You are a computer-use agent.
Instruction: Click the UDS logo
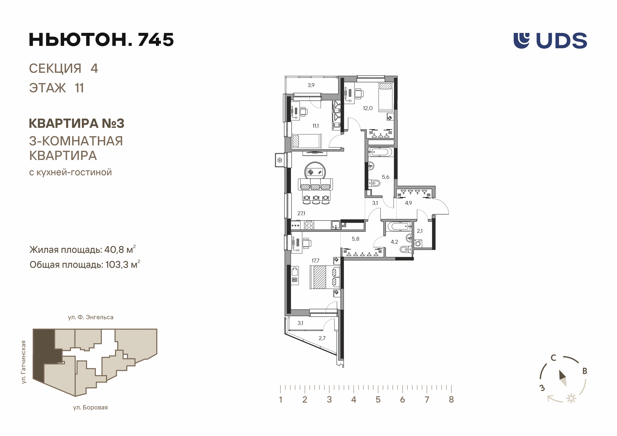point(550,41)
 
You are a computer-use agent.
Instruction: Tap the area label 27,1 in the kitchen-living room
point(301,213)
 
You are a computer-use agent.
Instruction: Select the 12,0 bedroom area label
point(368,108)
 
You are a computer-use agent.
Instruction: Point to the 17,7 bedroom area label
point(316,261)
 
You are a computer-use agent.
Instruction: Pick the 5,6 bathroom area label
point(386,177)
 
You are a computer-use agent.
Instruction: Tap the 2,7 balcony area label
point(322,338)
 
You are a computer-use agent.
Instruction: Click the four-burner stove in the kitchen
point(309,225)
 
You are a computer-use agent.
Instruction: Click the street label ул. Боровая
point(90,408)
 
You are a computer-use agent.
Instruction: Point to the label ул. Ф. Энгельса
point(91,317)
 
